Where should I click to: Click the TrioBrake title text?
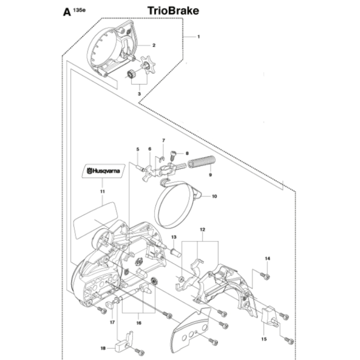(173, 10)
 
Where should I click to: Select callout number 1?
(198, 36)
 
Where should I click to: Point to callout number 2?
(154, 45)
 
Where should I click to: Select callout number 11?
(102, 191)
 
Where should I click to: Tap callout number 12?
(202, 229)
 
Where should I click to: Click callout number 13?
(174, 237)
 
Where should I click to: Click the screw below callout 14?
(266, 275)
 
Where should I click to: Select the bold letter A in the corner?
(66, 11)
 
